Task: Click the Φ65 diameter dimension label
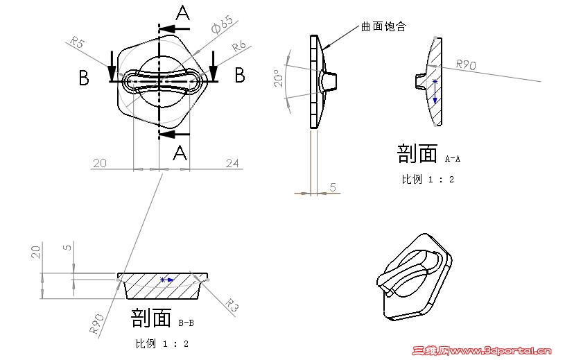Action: (x=223, y=24)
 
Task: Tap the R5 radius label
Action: (x=77, y=42)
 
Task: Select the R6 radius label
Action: (x=238, y=46)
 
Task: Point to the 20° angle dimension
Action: (x=279, y=78)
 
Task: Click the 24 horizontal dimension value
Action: (x=232, y=163)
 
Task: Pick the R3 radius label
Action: (x=232, y=305)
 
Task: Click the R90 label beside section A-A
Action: (x=466, y=65)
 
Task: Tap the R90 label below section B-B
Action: (x=96, y=324)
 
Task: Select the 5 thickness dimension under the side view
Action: (x=333, y=187)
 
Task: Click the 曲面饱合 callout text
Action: (x=383, y=26)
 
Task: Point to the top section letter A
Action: (x=183, y=13)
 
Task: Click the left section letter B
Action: (x=84, y=78)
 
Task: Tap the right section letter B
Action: (x=240, y=76)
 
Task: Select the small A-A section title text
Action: (x=453, y=159)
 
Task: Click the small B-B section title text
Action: (x=186, y=323)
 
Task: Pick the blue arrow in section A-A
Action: (x=435, y=92)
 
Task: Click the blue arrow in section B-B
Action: (x=167, y=280)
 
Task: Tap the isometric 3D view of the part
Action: (x=415, y=277)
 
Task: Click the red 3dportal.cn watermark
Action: (x=482, y=350)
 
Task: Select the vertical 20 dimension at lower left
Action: (x=35, y=252)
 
